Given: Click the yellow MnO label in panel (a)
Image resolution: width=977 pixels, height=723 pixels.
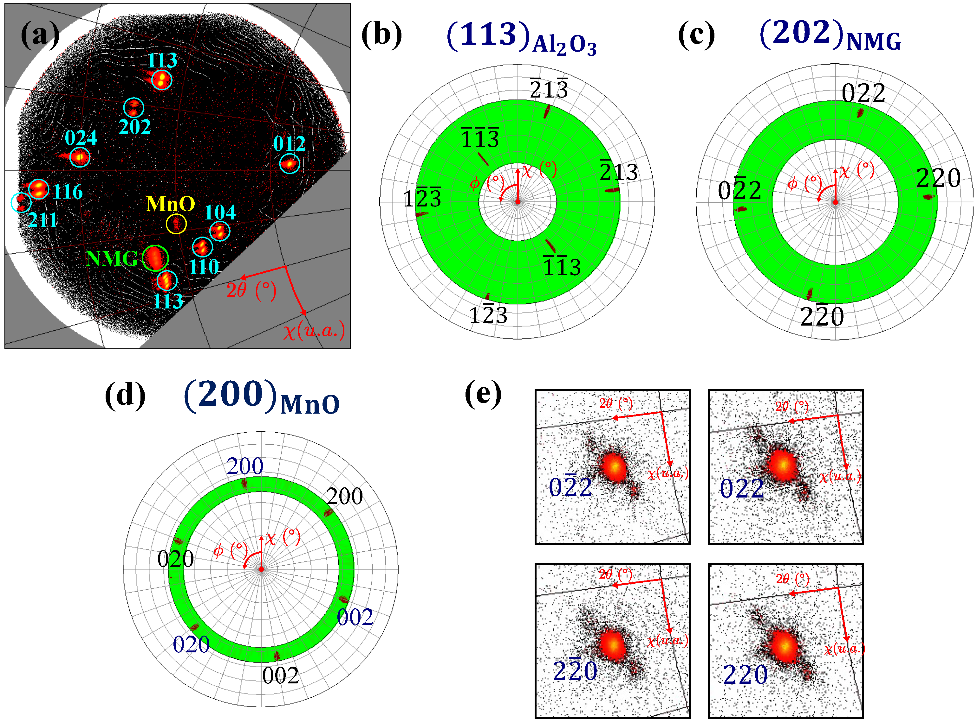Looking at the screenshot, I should coord(170,204).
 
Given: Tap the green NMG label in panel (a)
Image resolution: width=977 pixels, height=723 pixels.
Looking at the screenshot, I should coord(112,259).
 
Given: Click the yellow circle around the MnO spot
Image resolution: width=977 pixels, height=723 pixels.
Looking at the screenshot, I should coord(176,224).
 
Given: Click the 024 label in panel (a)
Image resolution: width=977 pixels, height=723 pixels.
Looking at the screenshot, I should coord(81,138).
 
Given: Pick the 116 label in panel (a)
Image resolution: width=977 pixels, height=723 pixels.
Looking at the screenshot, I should coord(68,192).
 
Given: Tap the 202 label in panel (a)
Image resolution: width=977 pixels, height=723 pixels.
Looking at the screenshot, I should coord(134,127).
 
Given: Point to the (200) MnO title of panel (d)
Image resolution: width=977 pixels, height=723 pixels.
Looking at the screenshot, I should coord(262,396).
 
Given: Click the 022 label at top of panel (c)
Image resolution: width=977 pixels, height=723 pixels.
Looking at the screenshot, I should coord(863,93).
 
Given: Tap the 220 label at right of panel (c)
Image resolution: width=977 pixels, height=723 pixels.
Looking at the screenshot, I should coord(938,178).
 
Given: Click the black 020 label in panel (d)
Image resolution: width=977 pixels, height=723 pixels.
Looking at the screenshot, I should coord(175,559).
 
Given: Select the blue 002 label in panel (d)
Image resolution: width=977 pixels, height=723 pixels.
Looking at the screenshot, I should coord(355,617).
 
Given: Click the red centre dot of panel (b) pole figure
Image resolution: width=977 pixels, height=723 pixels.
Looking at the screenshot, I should coord(518,202).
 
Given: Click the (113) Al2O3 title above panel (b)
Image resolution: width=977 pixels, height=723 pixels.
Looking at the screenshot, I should coord(521,37).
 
